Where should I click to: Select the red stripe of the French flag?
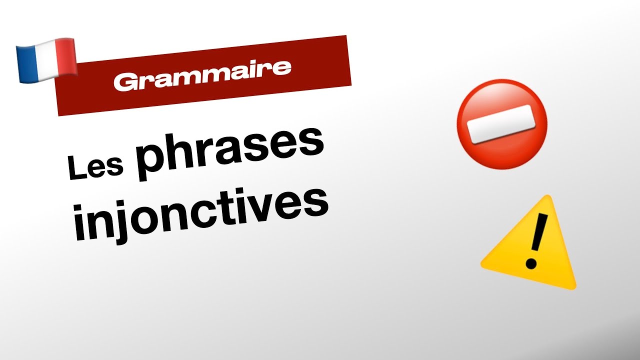point(65,58)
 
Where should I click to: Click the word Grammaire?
point(202,74)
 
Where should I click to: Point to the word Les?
point(95,166)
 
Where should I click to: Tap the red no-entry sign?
point(501,122)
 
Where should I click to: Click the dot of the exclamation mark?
point(531,263)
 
